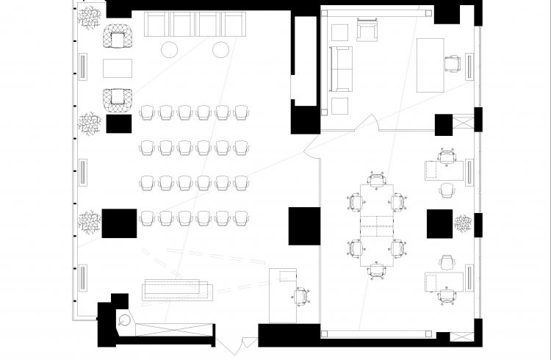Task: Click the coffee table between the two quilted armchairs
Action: coord(118,68)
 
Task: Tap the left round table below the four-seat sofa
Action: coord(170,50)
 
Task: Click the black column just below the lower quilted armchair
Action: coord(118,123)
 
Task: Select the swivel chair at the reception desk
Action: coord(301,296)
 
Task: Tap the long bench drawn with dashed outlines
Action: coord(174,289)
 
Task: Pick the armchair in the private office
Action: coord(366,31)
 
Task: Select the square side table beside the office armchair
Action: coord(339,32)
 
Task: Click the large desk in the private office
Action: coord(430,65)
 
